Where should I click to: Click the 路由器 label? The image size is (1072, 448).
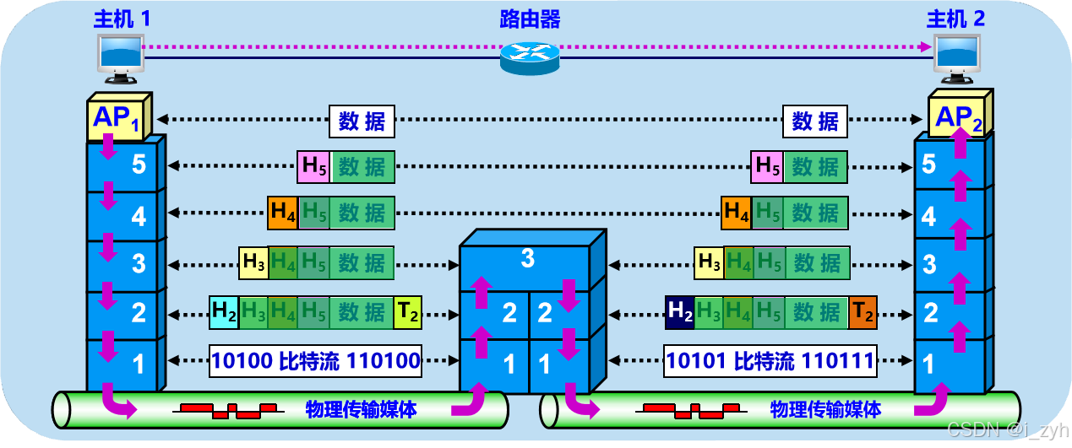(530, 19)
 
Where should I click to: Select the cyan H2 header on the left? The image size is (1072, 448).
(224, 312)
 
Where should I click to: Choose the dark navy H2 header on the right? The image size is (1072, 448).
(679, 312)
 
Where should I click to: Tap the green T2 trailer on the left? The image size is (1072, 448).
(408, 313)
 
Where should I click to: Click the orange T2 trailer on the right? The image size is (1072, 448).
(862, 313)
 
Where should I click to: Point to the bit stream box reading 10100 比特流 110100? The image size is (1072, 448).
(316, 362)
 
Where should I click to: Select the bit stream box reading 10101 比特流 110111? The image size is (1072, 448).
(770, 362)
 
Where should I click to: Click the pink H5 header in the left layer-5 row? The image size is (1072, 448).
(313, 167)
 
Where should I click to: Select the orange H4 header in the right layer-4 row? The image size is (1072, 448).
(735, 212)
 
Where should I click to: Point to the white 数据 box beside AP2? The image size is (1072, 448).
(815, 121)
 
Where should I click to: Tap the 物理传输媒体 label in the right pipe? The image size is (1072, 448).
(825, 410)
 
